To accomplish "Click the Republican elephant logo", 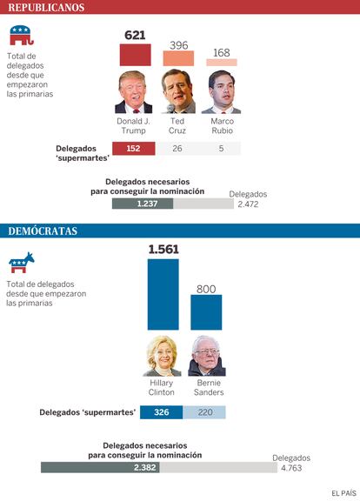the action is (x=22, y=36).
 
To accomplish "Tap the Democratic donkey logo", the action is (x=22, y=263).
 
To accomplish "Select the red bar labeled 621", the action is (x=135, y=55).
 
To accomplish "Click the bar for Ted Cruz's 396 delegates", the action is (x=178, y=58).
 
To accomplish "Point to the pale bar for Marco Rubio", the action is (x=222, y=63).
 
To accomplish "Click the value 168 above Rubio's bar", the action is (x=222, y=53).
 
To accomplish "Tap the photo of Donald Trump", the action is (x=134, y=92).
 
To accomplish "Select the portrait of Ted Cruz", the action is (x=178, y=91).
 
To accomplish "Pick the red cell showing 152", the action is (x=134, y=148).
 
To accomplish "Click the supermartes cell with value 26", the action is (x=177, y=148).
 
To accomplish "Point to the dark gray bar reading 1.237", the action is (x=143, y=204).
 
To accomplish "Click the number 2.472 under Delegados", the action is (x=248, y=204).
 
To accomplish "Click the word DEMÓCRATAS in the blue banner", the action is (x=43, y=231).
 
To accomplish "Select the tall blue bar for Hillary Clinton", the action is (x=163, y=294).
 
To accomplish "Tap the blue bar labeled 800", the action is (x=206, y=312).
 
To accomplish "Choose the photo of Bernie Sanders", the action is (x=207, y=356).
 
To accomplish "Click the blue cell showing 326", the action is (x=162, y=412).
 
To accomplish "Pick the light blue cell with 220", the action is (x=204, y=412).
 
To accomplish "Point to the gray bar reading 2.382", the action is (x=100, y=467).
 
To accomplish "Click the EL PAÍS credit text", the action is (x=343, y=493).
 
